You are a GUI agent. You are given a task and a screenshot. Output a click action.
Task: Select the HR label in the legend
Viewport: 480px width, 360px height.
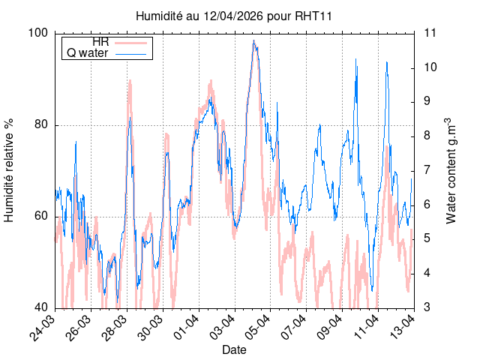[100, 41]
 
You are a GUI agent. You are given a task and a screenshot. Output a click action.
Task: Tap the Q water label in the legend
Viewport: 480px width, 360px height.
[88, 53]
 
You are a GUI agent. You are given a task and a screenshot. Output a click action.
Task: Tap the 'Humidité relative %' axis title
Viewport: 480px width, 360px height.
[10, 169]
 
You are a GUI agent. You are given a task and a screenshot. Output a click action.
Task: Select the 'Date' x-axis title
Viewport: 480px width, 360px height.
[234, 349]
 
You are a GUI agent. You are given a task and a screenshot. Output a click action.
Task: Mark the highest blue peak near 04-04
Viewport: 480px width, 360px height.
[254, 40]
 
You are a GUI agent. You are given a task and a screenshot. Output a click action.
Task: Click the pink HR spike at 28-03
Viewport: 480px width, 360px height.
[130, 81]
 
